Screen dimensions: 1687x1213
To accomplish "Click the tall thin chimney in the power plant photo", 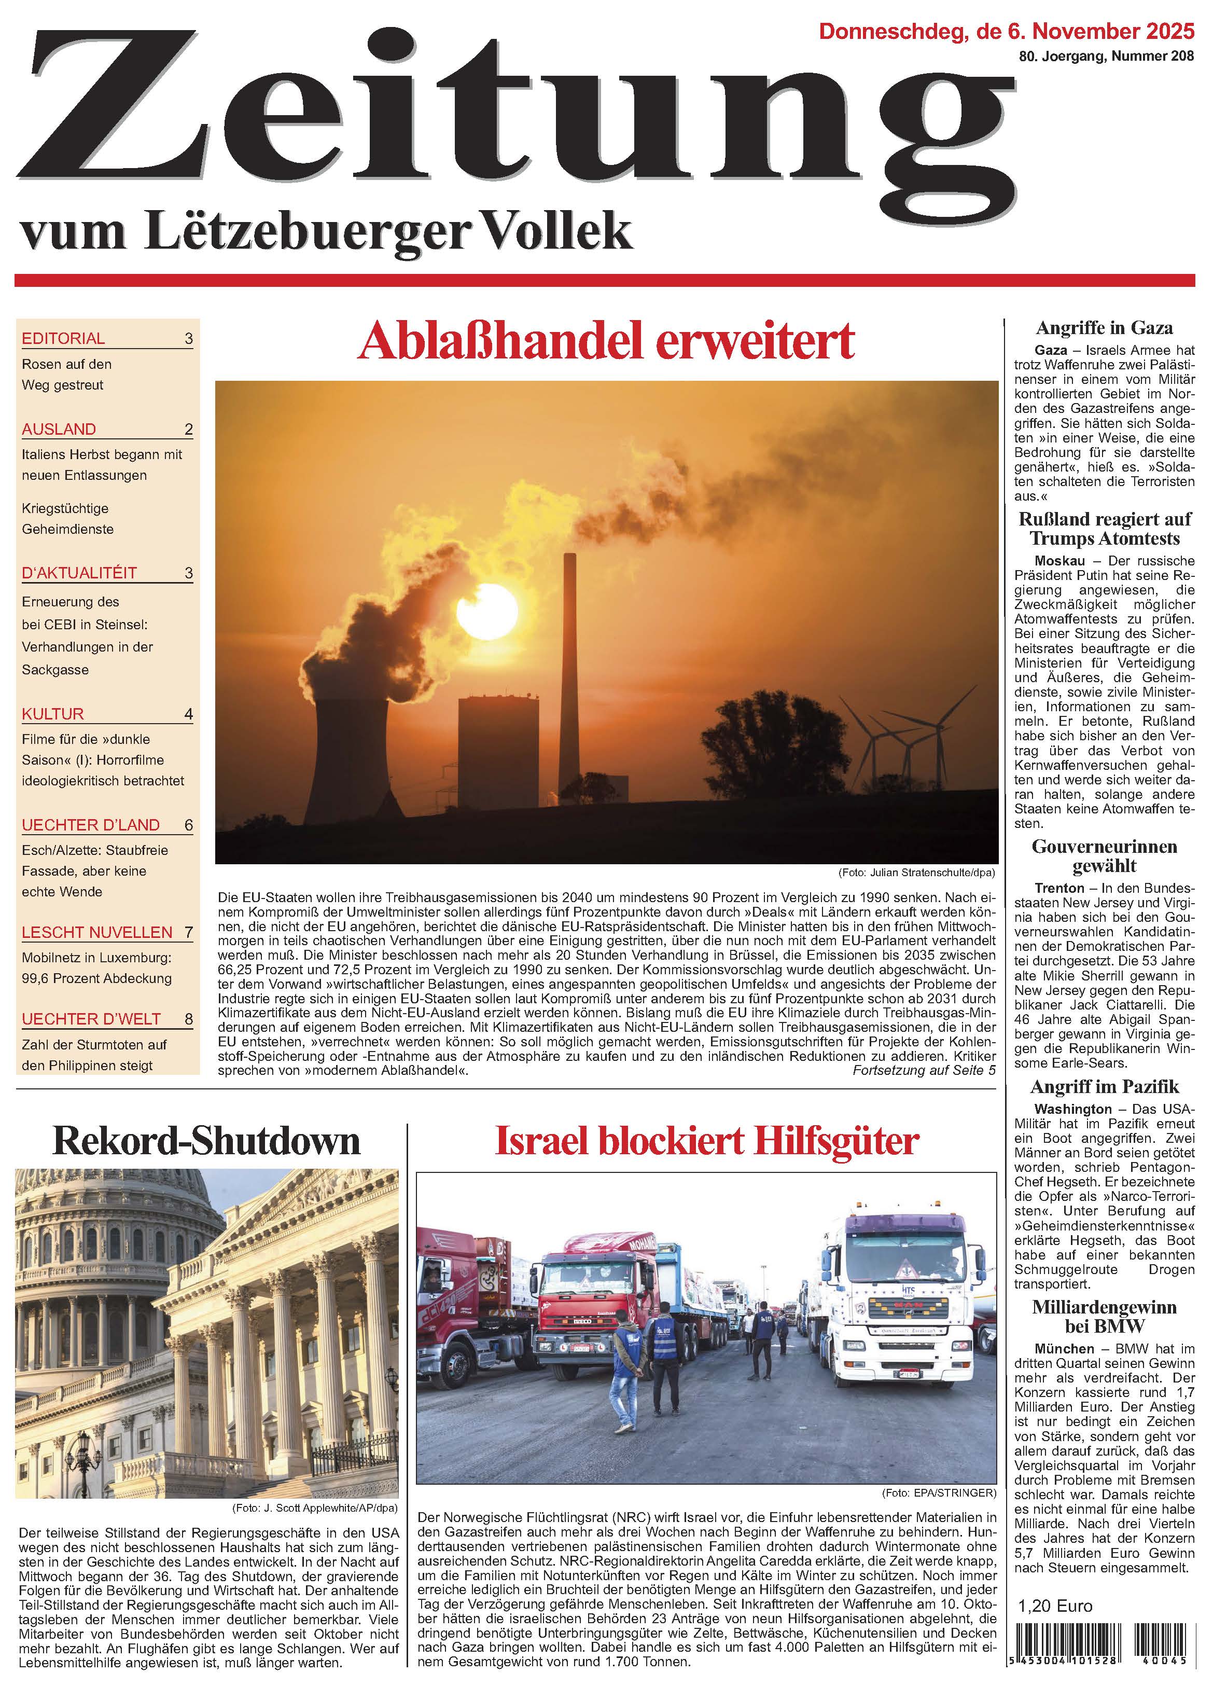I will click(x=570, y=669).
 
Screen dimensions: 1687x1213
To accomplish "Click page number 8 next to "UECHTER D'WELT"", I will click(x=188, y=1019).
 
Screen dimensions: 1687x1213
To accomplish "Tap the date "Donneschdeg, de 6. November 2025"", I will click(x=1006, y=31).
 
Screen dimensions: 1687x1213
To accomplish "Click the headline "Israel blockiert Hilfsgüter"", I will click(x=706, y=1141).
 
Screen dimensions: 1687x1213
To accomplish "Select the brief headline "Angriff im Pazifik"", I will click(x=1105, y=1087).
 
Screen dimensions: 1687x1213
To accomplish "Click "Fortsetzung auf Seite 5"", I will click(x=923, y=1070).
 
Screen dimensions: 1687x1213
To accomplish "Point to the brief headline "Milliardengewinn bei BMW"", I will click(x=1105, y=1316).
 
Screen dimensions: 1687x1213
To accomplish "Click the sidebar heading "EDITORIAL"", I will click(x=63, y=338).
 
